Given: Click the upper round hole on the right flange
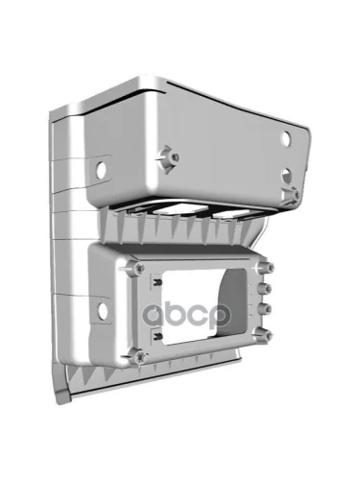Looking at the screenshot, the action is point(285,139).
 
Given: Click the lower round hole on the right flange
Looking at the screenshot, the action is point(286,176).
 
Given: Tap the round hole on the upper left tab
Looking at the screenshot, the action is point(102,170).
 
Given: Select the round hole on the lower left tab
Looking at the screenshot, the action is point(103,310).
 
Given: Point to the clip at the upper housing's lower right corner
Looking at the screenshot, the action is point(291,195).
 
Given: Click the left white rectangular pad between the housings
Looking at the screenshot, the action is point(180,209).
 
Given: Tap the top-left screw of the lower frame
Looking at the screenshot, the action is point(138,268).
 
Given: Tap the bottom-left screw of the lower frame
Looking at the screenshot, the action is point(140,356).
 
